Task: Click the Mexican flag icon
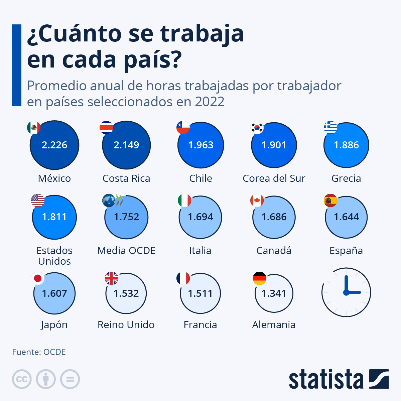pyautogui.click(x=34, y=127)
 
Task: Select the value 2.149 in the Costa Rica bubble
pyautogui.click(x=126, y=145)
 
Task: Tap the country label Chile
pyautogui.click(x=200, y=178)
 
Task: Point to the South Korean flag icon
pyautogui.click(x=257, y=127)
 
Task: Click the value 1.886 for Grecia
pyautogui.click(x=346, y=145)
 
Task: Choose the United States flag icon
pyautogui.click(x=38, y=200)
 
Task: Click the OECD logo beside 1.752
pyautogui.click(x=113, y=200)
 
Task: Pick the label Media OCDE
pyautogui.click(x=126, y=251)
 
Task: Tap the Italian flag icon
pyautogui.click(x=184, y=200)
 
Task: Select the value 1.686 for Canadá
pyautogui.click(x=274, y=217)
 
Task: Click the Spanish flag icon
pyautogui.click(x=330, y=200)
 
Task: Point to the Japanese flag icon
pyautogui.click(x=38, y=278)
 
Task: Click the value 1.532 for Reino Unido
pyautogui.click(x=126, y=293)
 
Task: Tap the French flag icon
pyautogui.click(x=183, y=278)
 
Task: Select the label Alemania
pyautogui.click(x=274, y=325)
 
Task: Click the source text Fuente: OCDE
pyautogui.click(x=39, y=352)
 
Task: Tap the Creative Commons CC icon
pyautogui.click(x=22, y=379)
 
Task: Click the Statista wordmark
pyautogui.click(x=326, y=380)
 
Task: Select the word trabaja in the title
pyautogui.click(x=202, y=34)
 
